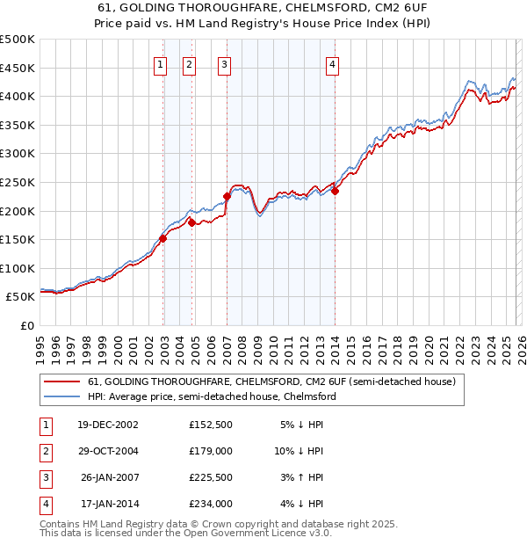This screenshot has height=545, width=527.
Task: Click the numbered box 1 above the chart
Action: [161, 63]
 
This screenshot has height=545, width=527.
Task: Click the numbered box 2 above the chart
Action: [190, 63]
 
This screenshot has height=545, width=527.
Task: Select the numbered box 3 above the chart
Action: [224, 63]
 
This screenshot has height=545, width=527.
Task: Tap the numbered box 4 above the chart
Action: [333, 63]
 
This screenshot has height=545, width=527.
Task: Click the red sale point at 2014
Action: [335, 192]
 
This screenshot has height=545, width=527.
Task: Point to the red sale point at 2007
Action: [227, 196]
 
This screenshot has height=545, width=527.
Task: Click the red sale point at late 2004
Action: [191, 223]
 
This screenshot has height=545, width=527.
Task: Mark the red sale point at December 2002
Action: [163, 238]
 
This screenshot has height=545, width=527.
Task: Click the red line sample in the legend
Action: [62, 382]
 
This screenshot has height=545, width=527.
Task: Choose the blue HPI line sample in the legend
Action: [62, 396]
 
